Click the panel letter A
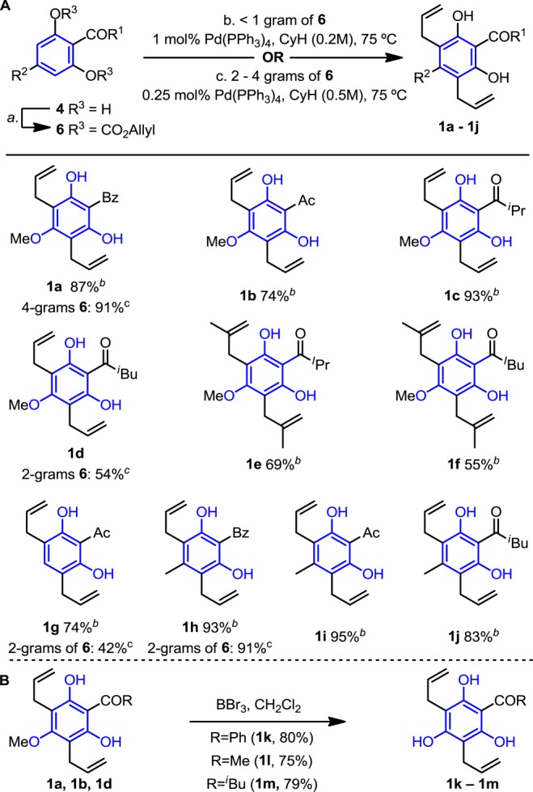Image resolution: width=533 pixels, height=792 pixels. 7,8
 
